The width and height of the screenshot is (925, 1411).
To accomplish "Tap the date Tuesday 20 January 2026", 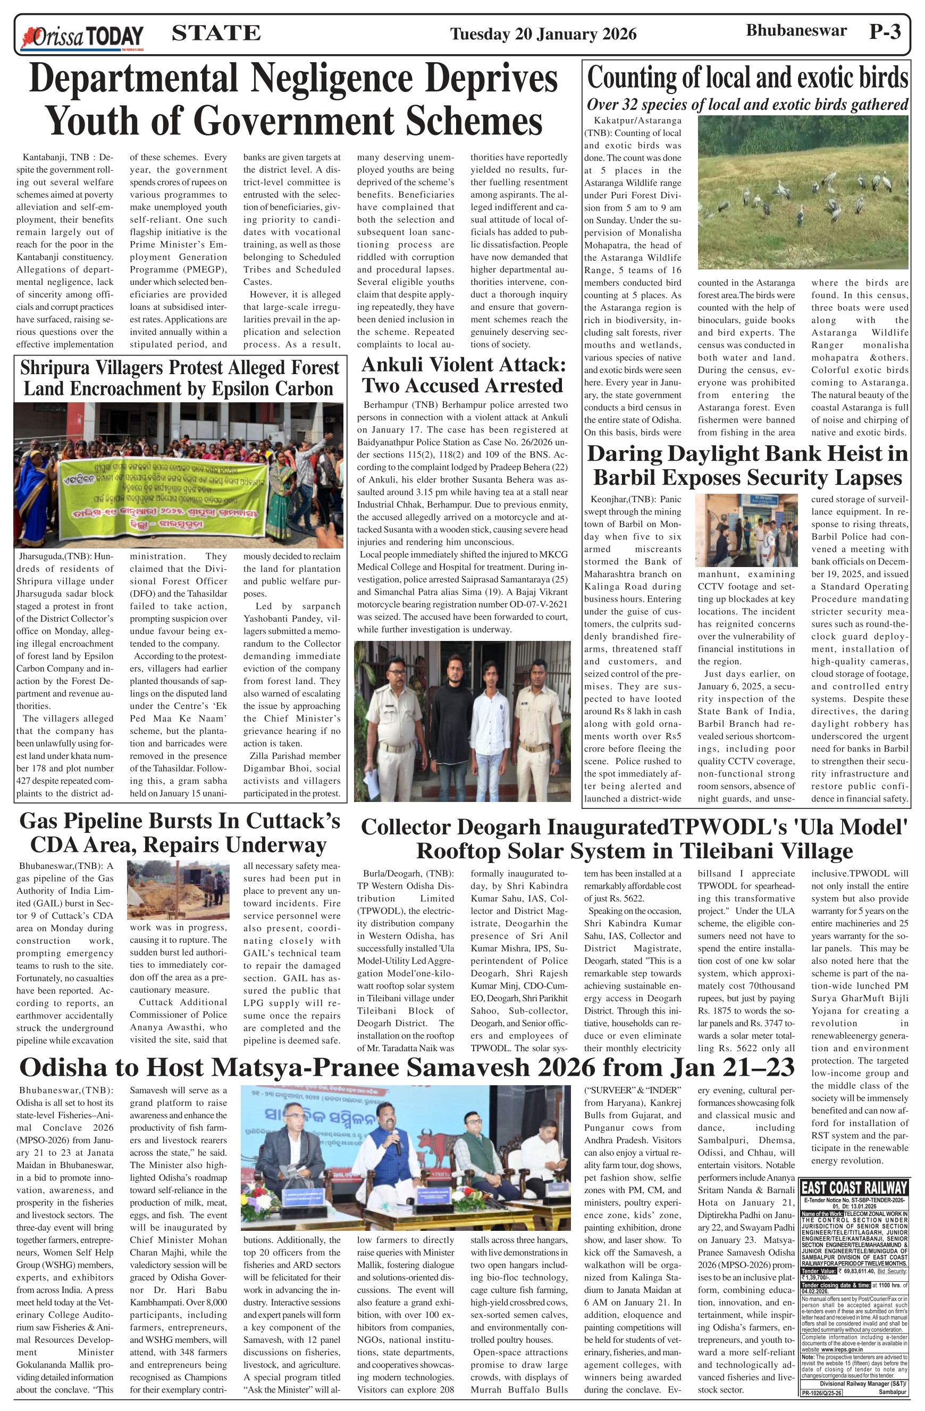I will [543, 34].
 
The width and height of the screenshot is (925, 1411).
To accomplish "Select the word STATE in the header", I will [216, 32].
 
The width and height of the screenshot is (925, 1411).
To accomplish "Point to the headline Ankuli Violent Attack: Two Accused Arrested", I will [463, 375].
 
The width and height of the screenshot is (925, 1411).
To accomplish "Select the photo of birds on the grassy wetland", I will [803, 192].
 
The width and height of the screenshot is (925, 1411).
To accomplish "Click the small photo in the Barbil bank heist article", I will [746, 530].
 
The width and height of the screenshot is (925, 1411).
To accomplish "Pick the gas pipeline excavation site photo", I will [178, 890].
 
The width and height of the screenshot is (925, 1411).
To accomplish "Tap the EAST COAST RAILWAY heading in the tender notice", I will [854, 1187].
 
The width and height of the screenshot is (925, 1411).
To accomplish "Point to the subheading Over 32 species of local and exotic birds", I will [747, 105].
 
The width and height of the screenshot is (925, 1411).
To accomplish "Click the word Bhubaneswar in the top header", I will [796, 31].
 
